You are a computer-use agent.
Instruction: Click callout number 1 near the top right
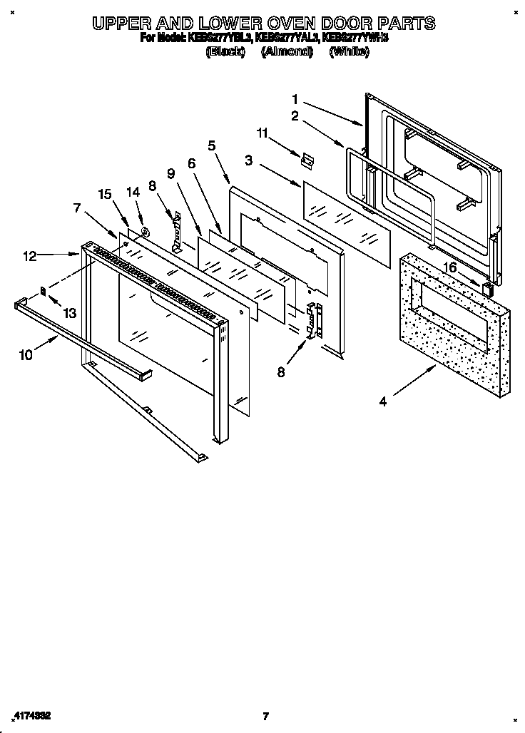[x=295, y=100]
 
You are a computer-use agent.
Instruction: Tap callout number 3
[x=248, y=161]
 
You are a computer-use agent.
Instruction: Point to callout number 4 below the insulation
[x=383, y=401]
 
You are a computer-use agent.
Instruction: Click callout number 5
[x=211, y=145]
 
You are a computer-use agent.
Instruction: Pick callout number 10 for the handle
[x=26, y=354]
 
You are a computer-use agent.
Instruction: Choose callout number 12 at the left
[x=29, y=256]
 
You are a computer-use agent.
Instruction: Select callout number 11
[x=262, y=133]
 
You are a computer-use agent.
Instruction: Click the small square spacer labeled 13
[x=44, y=290]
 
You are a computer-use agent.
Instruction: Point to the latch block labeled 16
[x=489, y=288]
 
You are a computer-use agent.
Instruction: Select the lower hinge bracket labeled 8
[x=314, y=319]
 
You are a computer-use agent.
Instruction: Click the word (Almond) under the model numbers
[x=287, y=51]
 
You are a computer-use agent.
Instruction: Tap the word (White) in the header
[x=349, y=51]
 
